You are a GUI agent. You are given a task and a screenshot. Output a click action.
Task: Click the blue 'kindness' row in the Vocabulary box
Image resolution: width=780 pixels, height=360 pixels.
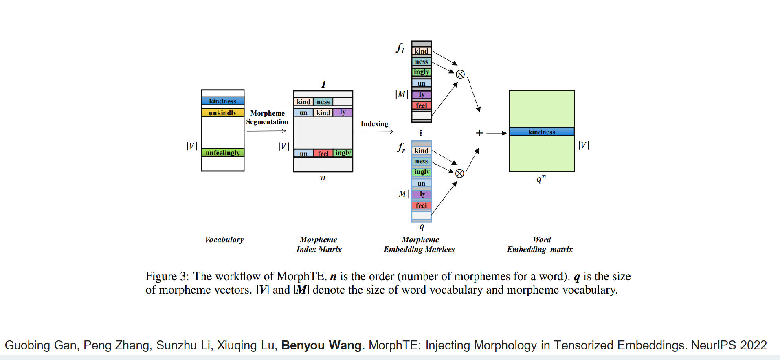(223, 101)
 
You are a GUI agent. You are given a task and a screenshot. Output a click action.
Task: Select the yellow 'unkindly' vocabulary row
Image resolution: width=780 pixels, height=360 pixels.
(223, 112)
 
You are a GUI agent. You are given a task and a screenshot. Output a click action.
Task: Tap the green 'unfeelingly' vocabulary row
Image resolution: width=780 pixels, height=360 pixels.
(223, 153)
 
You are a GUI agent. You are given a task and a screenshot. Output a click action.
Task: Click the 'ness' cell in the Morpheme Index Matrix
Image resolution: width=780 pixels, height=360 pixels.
(323, 102)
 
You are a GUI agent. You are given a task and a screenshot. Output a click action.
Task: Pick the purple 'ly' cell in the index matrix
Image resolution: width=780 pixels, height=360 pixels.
(343, 112)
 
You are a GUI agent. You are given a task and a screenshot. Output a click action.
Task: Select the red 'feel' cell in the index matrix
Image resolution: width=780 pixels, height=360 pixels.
(323, 153)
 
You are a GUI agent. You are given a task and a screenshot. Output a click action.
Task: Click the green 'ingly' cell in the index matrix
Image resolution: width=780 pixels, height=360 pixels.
(343, 153)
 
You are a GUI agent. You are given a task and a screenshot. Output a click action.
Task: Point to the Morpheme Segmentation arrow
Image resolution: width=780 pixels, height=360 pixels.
(267, 131)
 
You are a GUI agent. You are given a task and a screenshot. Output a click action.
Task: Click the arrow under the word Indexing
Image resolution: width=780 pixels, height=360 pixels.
(374, 131)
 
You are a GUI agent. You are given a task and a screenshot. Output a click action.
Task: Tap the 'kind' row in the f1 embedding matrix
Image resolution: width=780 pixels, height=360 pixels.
(422, 51)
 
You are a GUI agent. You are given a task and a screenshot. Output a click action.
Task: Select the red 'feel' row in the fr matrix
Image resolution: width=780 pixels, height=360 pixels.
(422, 205)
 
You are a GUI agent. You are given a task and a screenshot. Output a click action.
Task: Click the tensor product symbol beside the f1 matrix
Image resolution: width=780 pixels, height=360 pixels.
(460, 74)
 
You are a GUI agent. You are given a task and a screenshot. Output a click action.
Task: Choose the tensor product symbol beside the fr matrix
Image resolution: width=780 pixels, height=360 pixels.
(460, 173)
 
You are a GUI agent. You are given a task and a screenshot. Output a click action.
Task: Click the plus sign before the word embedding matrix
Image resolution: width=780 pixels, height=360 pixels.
(479, 133)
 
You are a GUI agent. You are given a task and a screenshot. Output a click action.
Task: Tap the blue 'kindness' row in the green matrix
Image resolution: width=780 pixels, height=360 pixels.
(542, 132)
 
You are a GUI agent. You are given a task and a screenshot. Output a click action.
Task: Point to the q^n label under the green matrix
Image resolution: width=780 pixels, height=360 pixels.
(541, 179)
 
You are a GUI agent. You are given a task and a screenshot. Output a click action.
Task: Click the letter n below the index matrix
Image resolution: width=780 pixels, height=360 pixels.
(323, 178)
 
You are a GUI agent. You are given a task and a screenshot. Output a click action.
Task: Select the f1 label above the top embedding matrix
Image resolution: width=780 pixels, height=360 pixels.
(400, 48)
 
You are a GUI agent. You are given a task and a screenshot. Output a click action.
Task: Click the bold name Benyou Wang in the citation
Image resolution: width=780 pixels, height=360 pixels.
(323, 345)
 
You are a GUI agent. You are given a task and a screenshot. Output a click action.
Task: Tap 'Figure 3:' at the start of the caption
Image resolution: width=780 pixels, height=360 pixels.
(167, 277)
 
